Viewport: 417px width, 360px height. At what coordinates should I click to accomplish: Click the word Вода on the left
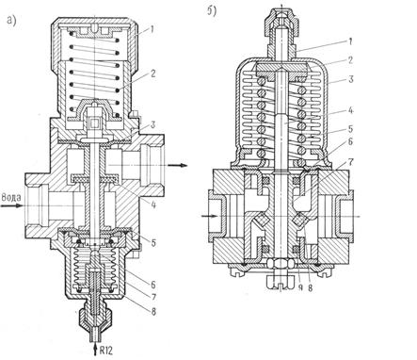pos(11,197)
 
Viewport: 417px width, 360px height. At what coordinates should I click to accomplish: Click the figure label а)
pos(11,21)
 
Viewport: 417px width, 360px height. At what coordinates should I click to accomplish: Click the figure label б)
pos(212,11)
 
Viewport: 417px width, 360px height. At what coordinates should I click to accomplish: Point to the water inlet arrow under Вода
pos(12,205)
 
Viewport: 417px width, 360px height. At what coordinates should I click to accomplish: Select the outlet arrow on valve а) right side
pos(178,165)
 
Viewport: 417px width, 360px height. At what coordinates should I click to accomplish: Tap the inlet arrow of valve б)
pos(209,216)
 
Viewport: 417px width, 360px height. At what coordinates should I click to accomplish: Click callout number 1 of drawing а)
pos(152,29)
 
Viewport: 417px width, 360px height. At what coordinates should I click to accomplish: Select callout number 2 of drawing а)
pos(152,74)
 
